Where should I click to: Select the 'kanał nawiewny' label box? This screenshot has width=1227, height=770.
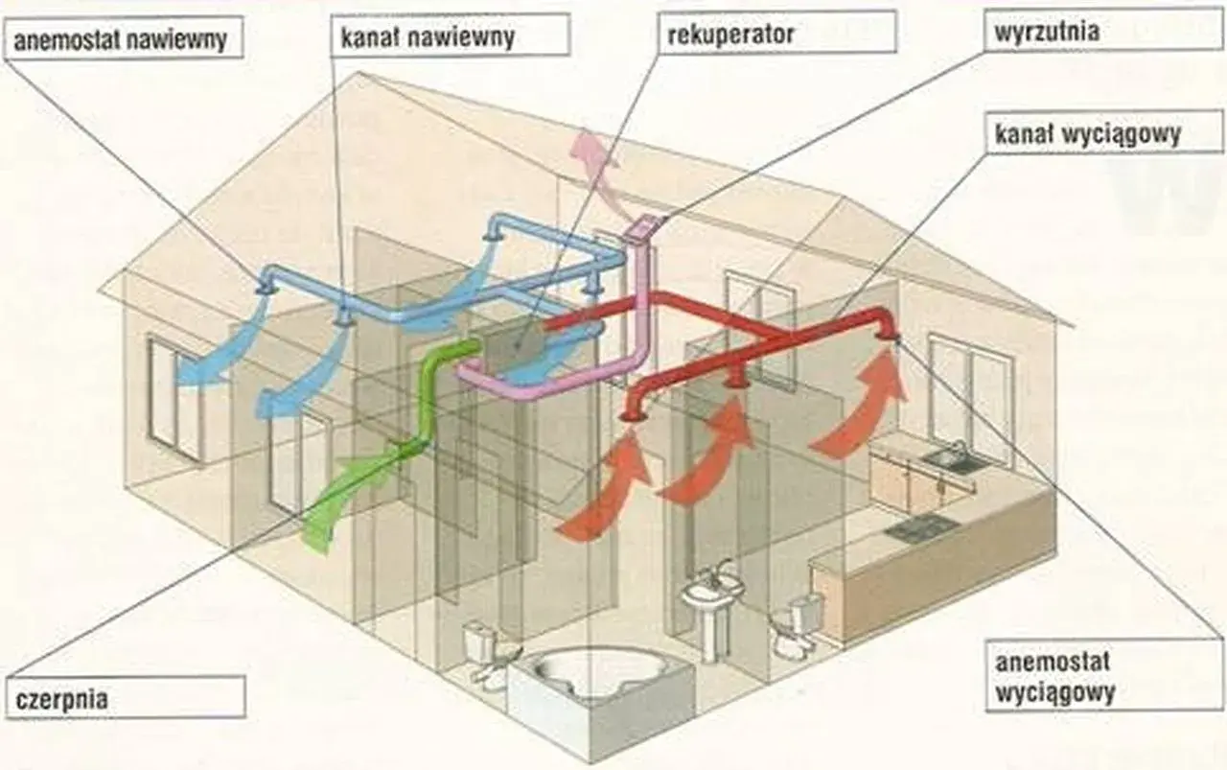click(x=451, y=35)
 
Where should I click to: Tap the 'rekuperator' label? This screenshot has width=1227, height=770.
click(x=777, y=32)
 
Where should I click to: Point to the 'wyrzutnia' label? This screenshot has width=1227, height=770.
click(x=1103, y=30)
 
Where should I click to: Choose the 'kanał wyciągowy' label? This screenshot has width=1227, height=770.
click(x=1104, y=131)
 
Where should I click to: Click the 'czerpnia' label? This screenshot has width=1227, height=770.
click(x=126, y=697)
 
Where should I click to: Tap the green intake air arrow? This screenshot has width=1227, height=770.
click(x=351, y=493)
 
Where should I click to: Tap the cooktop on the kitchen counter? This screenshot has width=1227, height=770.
click(x=920, y=527)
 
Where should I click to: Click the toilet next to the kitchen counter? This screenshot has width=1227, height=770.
click(x=796, y=627)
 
